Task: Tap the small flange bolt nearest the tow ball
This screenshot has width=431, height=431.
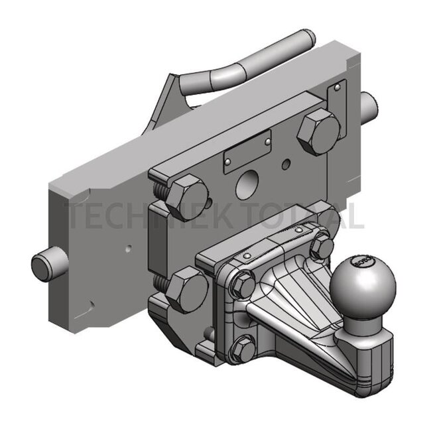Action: [322, 248]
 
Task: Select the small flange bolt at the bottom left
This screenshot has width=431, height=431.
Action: [245, 346]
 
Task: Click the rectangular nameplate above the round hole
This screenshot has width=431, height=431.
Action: [247, 151]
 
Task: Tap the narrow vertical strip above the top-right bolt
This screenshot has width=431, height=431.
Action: [338, 96]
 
